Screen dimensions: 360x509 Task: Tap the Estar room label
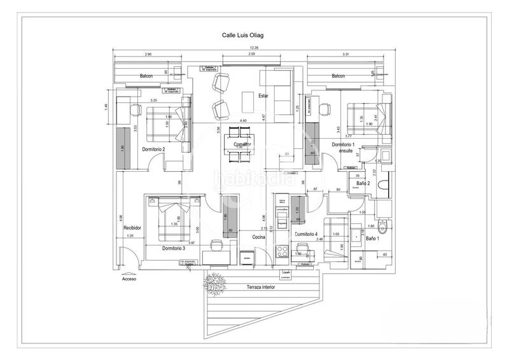point(263,96)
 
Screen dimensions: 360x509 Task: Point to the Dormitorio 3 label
point(173,248)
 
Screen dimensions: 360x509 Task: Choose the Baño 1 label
point(373,239)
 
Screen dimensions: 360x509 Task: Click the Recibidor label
point(132,227)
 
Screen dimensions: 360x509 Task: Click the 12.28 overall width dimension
point(253,48)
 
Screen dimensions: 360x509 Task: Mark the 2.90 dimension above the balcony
point(148,55)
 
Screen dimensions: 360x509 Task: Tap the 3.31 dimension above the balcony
point(345,55)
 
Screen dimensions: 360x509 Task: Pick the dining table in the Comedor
point(239,145)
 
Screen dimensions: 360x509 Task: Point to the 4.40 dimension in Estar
point(242,120)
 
